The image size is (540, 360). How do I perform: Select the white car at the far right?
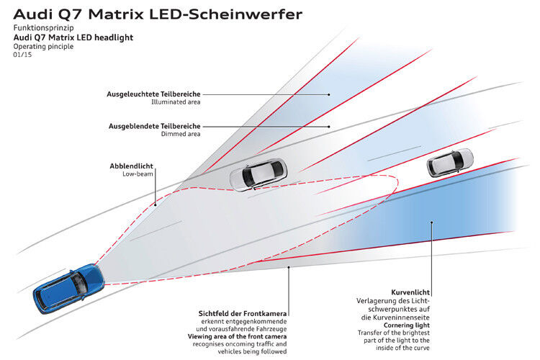[x=449, y=162]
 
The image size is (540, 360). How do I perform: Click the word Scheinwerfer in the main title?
[x=237, y=14]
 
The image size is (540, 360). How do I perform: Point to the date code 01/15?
[x=23, y=55]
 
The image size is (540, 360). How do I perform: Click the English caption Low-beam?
[x=138, y=174]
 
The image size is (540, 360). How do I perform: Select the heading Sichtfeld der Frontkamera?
[x=243, y=314]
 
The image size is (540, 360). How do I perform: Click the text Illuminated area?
[x=176, y=102]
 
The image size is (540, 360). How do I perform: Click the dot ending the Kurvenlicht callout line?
[x=432, y=222]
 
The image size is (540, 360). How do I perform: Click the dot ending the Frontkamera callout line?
[x=289, y=268]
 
